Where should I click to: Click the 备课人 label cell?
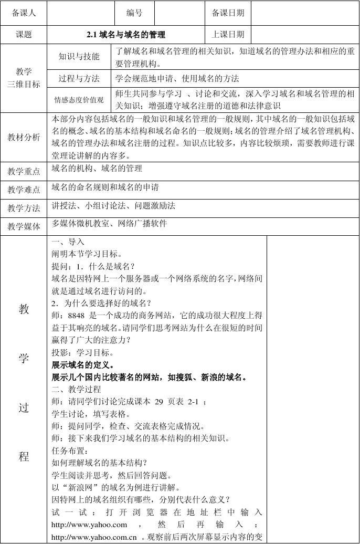click(24, 13)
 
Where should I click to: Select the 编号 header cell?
click(134, 13)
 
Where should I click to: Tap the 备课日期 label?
click(228, 13)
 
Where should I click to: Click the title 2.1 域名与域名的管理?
click(126, 35)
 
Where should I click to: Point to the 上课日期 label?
click(228, 35)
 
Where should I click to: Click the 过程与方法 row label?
click(79, 79)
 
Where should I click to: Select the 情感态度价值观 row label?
click(79, 100)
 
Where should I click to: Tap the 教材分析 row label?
click(24, 138)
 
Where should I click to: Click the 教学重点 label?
click(24, 172)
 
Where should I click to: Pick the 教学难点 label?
click(24, 190)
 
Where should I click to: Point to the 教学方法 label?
click(24, 208)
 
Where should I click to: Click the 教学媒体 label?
click(24, 227)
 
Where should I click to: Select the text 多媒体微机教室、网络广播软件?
click(109, 224)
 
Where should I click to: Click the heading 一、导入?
click(68, 242)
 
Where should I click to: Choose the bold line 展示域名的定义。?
click(83, 364)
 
